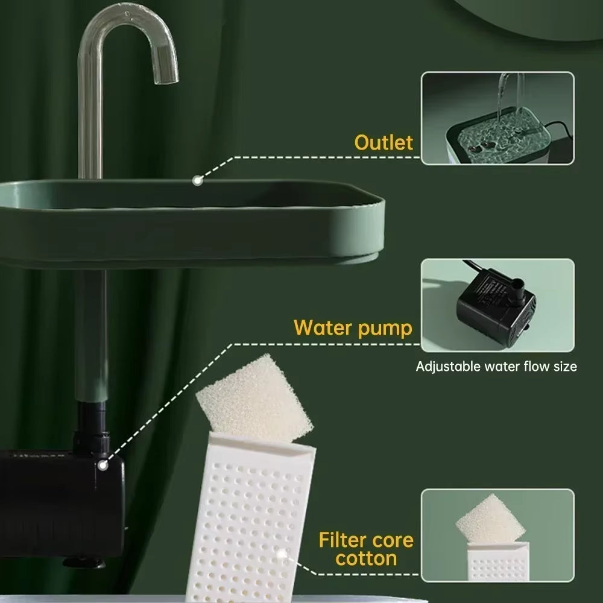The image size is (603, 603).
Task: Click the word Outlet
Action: point(384,143)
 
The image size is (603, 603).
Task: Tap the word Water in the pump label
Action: point(323,327)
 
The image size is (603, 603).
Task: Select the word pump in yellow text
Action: point(385,330)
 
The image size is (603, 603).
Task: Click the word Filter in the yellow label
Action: point(343,540)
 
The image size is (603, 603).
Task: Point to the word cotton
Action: point(366,558)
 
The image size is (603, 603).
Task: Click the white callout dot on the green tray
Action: point(198,180)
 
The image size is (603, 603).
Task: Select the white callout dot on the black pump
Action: point(103,466)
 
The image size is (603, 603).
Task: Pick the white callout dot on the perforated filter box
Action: point(282,554)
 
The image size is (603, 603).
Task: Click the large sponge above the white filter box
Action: point(254,399)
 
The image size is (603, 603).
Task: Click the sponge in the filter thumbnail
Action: point(490,519)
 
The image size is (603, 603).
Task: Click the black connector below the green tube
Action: point(92,428)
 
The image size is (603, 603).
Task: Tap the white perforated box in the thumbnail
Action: point(498,561)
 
